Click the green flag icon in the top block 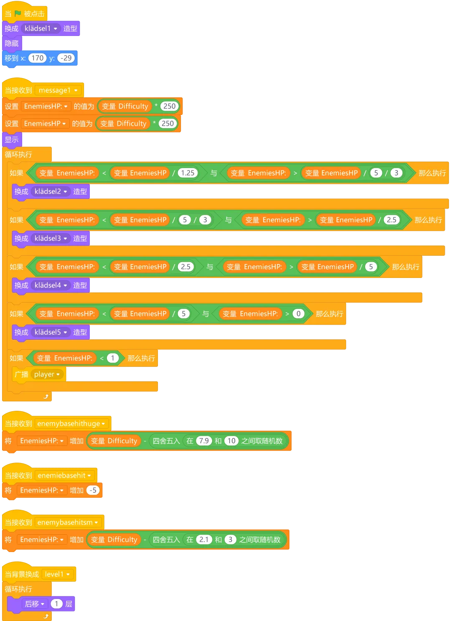pos(18,14)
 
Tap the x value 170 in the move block pos(37,58)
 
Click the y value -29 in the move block pos(66,58)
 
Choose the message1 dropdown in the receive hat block pos(58,90)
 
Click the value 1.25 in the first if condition pos(187,173)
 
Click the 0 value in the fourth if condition pos(298,314)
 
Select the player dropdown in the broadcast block pos(47,374)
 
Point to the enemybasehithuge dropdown pos(71,424)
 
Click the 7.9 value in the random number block pos(204,441)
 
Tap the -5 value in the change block pos(93,490)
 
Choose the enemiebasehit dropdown pos(64,476)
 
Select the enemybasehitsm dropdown pos(68,522)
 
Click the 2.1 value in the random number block pos(204,540)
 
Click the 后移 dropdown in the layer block pos(35,604)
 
